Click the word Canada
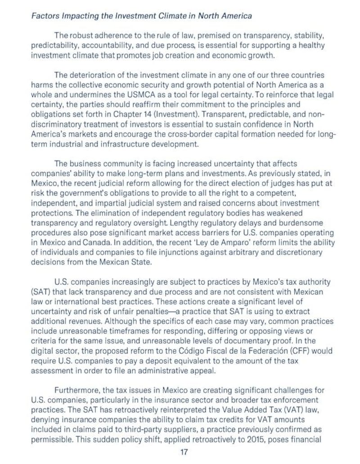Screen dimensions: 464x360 pos(92,242)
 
